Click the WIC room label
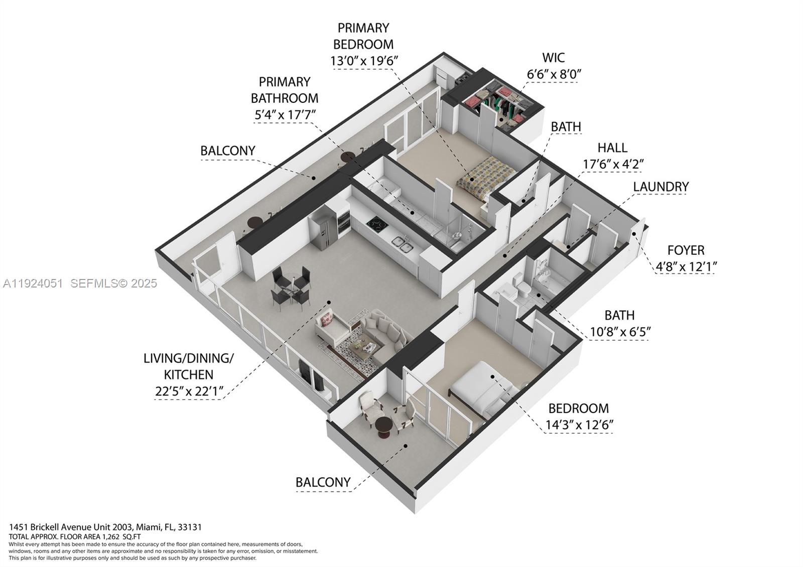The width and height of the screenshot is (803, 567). [553, 57]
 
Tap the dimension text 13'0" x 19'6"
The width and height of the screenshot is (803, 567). [364, 61]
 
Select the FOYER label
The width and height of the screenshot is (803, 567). [686, 250]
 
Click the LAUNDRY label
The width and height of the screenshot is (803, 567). [660, 187]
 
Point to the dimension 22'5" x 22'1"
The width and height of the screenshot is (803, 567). [188, 391]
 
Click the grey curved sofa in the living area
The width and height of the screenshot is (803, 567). [384, 331]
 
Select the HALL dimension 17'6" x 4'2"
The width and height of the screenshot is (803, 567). [613, 164]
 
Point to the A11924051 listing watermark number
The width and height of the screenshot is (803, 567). [33, 283]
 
